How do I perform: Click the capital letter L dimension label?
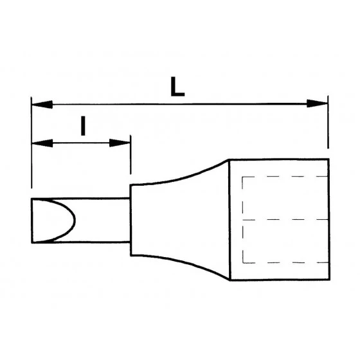click(178, 86)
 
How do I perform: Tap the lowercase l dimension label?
click(83, 126)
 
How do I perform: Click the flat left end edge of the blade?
click(31, 221)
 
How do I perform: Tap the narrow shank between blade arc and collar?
click(103, 221)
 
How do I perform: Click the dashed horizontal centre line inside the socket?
click(283, 220)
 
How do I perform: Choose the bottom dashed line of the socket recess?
click(283, 262)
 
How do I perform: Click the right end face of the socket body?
click(328, 220)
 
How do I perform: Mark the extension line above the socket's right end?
click(328, 129)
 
